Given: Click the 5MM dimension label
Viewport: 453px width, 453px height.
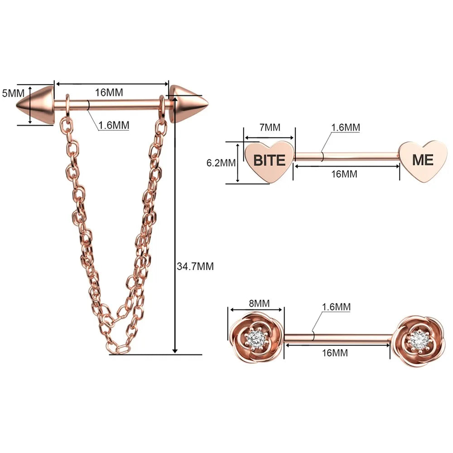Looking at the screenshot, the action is [13, 93].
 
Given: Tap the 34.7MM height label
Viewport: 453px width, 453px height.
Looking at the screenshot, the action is [195, 266].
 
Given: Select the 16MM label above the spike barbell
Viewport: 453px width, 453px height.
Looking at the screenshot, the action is [109, 92].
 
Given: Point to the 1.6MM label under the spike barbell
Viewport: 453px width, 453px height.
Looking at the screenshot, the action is [114, 125].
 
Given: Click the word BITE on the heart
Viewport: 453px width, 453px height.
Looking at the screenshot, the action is [269, 160].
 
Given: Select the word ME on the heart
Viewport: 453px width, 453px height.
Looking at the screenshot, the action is [423, 160].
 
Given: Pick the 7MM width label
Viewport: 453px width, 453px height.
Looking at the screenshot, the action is [270, 127].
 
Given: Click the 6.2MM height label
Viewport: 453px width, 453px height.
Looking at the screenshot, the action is [221, 163].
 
